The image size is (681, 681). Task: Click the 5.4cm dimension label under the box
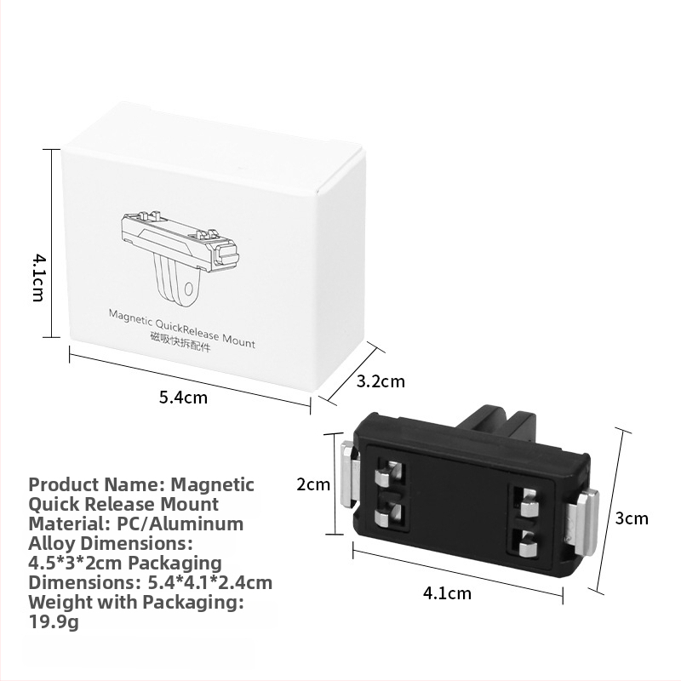[183, 398]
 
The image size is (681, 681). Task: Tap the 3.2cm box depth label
[381, 381]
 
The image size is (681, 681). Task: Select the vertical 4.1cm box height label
[38, 278]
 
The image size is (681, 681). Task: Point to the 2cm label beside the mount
[313, 484]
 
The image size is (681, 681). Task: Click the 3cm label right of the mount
[632, 518]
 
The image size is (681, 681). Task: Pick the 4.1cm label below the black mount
[447, 592]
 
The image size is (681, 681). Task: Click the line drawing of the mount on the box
[180, 256]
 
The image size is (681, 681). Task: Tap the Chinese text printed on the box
[180, 342]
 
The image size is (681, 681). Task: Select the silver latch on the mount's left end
[350, 475]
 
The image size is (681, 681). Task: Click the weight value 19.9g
[53, 622]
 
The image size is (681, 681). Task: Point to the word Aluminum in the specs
[203, 524]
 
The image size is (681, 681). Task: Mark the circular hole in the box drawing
[190, 289]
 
